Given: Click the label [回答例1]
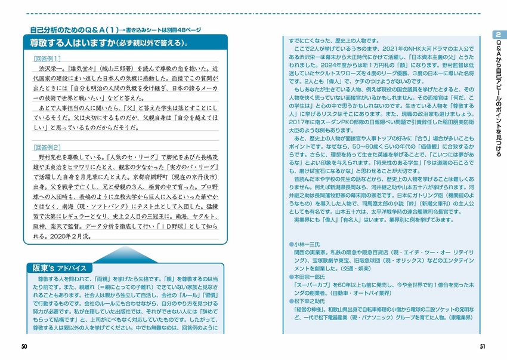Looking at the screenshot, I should tap(49, 59).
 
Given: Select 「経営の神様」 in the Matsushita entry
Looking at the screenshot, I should tap(308, 310).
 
